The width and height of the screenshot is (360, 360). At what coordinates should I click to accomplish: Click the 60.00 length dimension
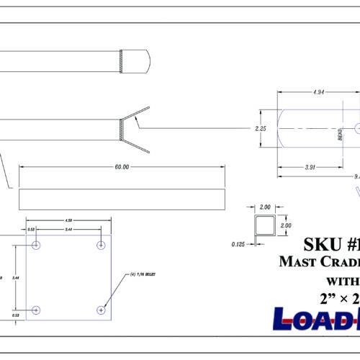121,167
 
